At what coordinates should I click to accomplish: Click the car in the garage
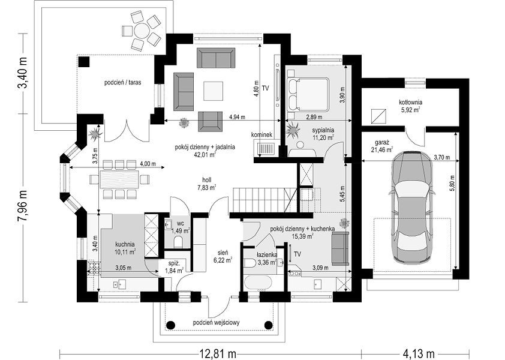[x=412, y=207]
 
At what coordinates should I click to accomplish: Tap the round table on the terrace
[x=142, y=31]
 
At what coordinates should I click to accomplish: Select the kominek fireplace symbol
[x=266, y=149]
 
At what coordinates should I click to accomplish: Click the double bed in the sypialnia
[x=308, y=94]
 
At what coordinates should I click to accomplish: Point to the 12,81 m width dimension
[x=218, y=353]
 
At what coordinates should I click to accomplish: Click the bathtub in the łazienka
[x=259, y=283]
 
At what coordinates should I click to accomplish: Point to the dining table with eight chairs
[x=119, y=179]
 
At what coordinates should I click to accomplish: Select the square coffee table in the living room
[x=213, y=91]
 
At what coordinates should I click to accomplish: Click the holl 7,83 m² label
[x=206, y=184]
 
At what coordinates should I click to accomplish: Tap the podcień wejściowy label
[x=217, y=322]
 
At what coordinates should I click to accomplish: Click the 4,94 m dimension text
[x=237, y=118]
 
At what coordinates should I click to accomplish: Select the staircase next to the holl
[x=264, y=200]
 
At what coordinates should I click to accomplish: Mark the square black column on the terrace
[x=84, y=62]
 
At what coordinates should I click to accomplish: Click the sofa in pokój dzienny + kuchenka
[x=341, y=248]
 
